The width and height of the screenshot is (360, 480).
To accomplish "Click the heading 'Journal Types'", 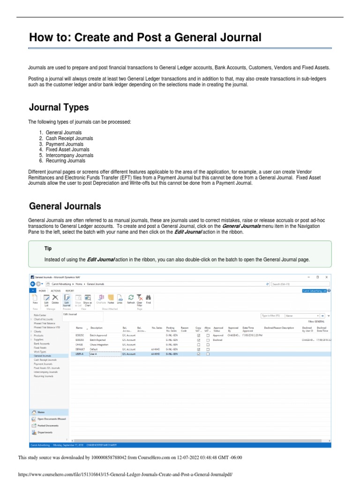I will (59, 107).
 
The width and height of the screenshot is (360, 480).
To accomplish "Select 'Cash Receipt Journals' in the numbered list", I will (69, 138).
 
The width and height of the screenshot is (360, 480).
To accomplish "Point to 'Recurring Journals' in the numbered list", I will (66, 161).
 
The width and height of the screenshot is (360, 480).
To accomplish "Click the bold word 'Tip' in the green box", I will (48, 248).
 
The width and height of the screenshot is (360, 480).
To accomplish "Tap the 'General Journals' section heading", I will (65, 206).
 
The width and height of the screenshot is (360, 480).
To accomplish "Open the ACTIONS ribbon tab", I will (56, 291).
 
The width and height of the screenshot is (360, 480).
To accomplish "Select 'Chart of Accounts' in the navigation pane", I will (44, 319).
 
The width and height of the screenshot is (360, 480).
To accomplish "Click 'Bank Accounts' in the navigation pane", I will (42, 344).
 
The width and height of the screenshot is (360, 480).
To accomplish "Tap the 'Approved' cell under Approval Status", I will (218, 336).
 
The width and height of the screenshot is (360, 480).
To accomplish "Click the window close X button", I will (326, 277).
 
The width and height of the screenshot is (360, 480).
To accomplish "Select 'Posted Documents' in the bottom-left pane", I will (48, 425).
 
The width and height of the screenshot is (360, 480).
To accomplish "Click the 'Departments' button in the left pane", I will (45, 432).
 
